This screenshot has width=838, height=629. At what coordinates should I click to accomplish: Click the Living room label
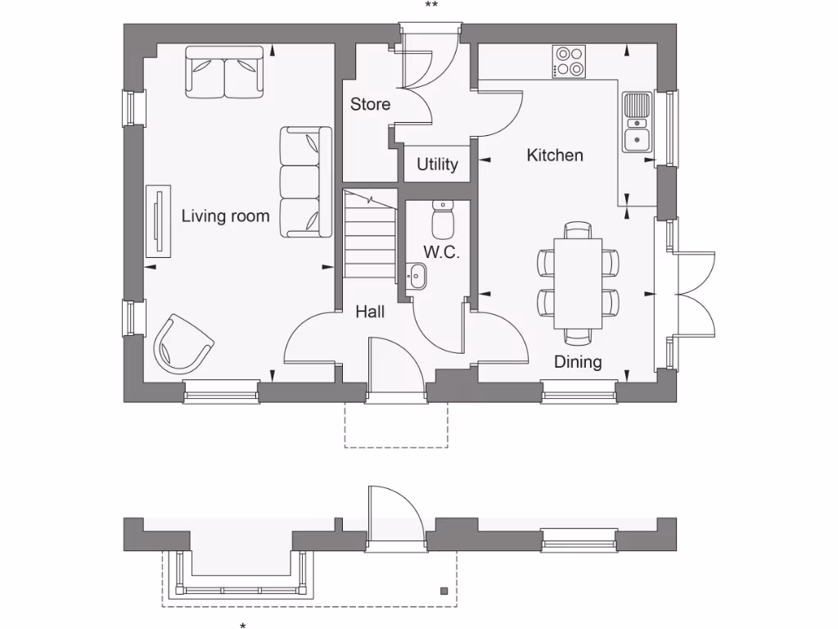click(x=225, y=217)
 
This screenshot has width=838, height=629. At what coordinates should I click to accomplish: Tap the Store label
click(x=370, y=105)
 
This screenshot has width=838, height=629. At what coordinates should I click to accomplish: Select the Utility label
click(x=437, y=165)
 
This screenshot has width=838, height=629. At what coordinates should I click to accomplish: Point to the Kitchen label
click(x=555, y=155)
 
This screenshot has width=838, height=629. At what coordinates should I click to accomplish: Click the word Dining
click(x=578, y=362)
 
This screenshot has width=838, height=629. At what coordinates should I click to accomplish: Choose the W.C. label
click(x=441, y=253)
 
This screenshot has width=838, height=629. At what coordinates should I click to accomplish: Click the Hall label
click(x=370, y=312)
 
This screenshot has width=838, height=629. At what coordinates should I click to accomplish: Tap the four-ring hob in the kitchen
click(x=570, y=61)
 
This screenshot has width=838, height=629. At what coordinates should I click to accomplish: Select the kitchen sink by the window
click(x=637, y=123)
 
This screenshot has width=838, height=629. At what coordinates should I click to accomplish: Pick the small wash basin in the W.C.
click(x=417, y=276)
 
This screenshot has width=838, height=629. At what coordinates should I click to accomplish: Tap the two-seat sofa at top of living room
click(x=225, y=72)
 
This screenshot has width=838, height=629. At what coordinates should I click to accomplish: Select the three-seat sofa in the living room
click(x=306, y=182)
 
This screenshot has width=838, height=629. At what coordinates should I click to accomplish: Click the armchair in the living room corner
click(x=182, y=344)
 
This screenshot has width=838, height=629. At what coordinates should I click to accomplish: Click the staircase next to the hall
click(x=369, y=233)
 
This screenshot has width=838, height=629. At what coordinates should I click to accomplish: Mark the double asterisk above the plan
click(x=431, y=6)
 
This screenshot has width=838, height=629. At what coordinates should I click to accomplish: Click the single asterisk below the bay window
click(x=242, y=626)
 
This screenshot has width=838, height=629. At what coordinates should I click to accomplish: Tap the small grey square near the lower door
click(x=444, y=590)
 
